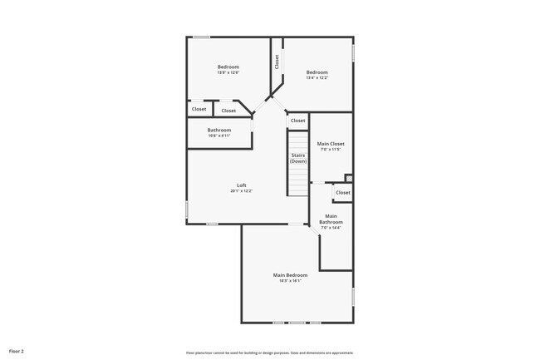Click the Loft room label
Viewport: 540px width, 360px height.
(241, 185)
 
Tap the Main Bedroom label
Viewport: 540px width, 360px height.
(290, 275)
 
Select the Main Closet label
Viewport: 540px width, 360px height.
(331, 144)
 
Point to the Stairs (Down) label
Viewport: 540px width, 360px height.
(298, 158)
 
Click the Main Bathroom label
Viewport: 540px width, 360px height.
(331, 219)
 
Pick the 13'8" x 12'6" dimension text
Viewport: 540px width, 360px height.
(228, 73)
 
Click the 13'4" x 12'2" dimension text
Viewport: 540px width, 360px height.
(317, 78)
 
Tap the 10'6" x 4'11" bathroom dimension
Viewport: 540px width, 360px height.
(219, 136)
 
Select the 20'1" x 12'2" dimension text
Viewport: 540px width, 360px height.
(241, 191)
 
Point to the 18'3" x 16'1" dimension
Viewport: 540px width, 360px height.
(290, 281)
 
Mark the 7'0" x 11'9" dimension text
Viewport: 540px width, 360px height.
(331, 150)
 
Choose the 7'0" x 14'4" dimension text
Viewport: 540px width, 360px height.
(331, 228)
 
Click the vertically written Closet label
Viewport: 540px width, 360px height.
(277, 62)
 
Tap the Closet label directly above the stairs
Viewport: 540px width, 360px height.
(297, 121)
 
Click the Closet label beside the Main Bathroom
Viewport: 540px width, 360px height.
(342, 193)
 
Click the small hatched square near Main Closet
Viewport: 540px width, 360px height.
(349, 178)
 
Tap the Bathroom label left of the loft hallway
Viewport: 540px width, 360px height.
(219, 130)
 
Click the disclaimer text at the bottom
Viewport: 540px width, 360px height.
(269, 353)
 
